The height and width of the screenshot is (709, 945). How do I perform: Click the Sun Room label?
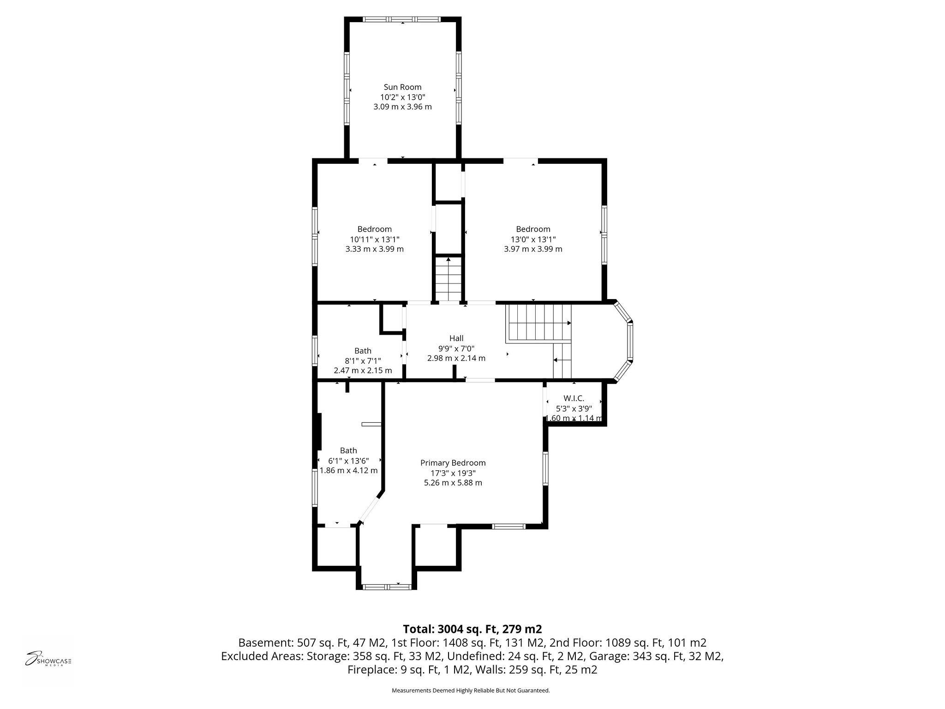pos(402,87)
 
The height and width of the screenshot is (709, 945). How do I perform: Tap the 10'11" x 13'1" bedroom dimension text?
pos(374,239)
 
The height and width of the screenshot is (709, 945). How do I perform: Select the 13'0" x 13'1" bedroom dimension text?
pos(533,239)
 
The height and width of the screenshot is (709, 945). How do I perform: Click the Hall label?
pos(456,338)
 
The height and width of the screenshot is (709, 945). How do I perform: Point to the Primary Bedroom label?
pos(453,463)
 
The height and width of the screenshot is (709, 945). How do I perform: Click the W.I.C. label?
pos(574,398)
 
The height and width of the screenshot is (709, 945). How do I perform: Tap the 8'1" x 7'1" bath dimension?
pos(363,361)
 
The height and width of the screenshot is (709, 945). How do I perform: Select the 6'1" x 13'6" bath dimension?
pos(348,461)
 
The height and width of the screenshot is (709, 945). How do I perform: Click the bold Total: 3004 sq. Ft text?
pos(472,629)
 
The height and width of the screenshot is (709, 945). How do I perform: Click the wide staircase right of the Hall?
pos(538,322)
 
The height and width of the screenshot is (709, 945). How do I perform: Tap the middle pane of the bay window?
pos(630,342)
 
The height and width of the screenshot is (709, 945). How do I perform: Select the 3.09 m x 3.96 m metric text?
pos(402,107)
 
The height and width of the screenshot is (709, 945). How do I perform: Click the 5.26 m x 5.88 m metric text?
pos(453,483)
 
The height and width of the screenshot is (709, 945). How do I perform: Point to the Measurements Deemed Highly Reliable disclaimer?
pos(471,691)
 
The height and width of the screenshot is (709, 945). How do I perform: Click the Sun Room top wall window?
pos(403,19)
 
